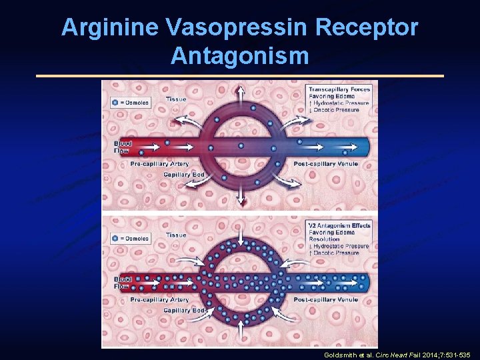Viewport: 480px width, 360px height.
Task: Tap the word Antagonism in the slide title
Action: (x=240, y=55)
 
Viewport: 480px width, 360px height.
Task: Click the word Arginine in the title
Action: (x=109, y=27)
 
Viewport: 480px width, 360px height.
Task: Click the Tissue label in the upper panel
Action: (x=176, y=99)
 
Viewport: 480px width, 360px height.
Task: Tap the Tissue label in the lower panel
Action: (x=176, y=235)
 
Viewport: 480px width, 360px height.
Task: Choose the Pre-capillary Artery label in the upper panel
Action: (x=159, y=164)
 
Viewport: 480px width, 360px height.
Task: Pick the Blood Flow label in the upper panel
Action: (x=123, y=147)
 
